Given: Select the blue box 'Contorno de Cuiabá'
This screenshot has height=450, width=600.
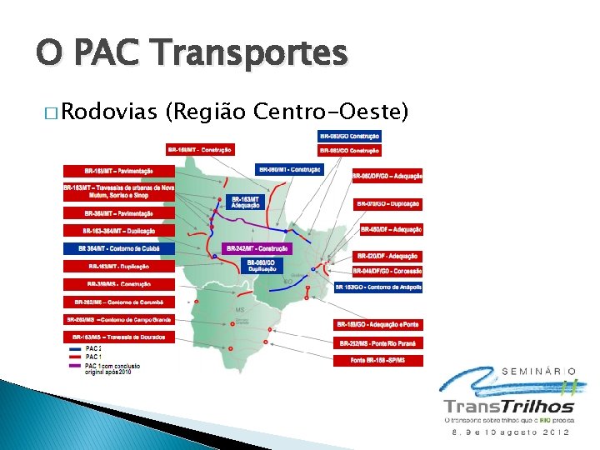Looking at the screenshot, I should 119,248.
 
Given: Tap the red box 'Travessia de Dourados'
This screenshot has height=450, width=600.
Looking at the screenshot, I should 119,337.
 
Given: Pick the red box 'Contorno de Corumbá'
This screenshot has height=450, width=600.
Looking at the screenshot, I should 119,302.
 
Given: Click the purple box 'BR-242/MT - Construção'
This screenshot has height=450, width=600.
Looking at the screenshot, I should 257,248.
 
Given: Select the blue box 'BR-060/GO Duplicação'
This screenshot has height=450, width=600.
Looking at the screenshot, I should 262,266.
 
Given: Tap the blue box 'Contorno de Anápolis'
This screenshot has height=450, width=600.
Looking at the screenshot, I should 378,287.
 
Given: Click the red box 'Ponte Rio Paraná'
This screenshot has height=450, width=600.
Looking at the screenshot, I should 378,343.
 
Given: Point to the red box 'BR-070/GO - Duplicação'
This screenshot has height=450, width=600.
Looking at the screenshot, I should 387,203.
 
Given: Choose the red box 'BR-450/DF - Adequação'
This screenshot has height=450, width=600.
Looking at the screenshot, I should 391,229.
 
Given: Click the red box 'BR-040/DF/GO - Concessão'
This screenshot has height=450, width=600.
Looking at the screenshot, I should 387,271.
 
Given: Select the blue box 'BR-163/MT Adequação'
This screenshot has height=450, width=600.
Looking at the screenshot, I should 246,202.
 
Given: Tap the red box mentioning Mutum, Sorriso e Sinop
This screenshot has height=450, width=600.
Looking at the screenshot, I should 119,192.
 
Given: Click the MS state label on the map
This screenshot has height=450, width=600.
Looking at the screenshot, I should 242,309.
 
